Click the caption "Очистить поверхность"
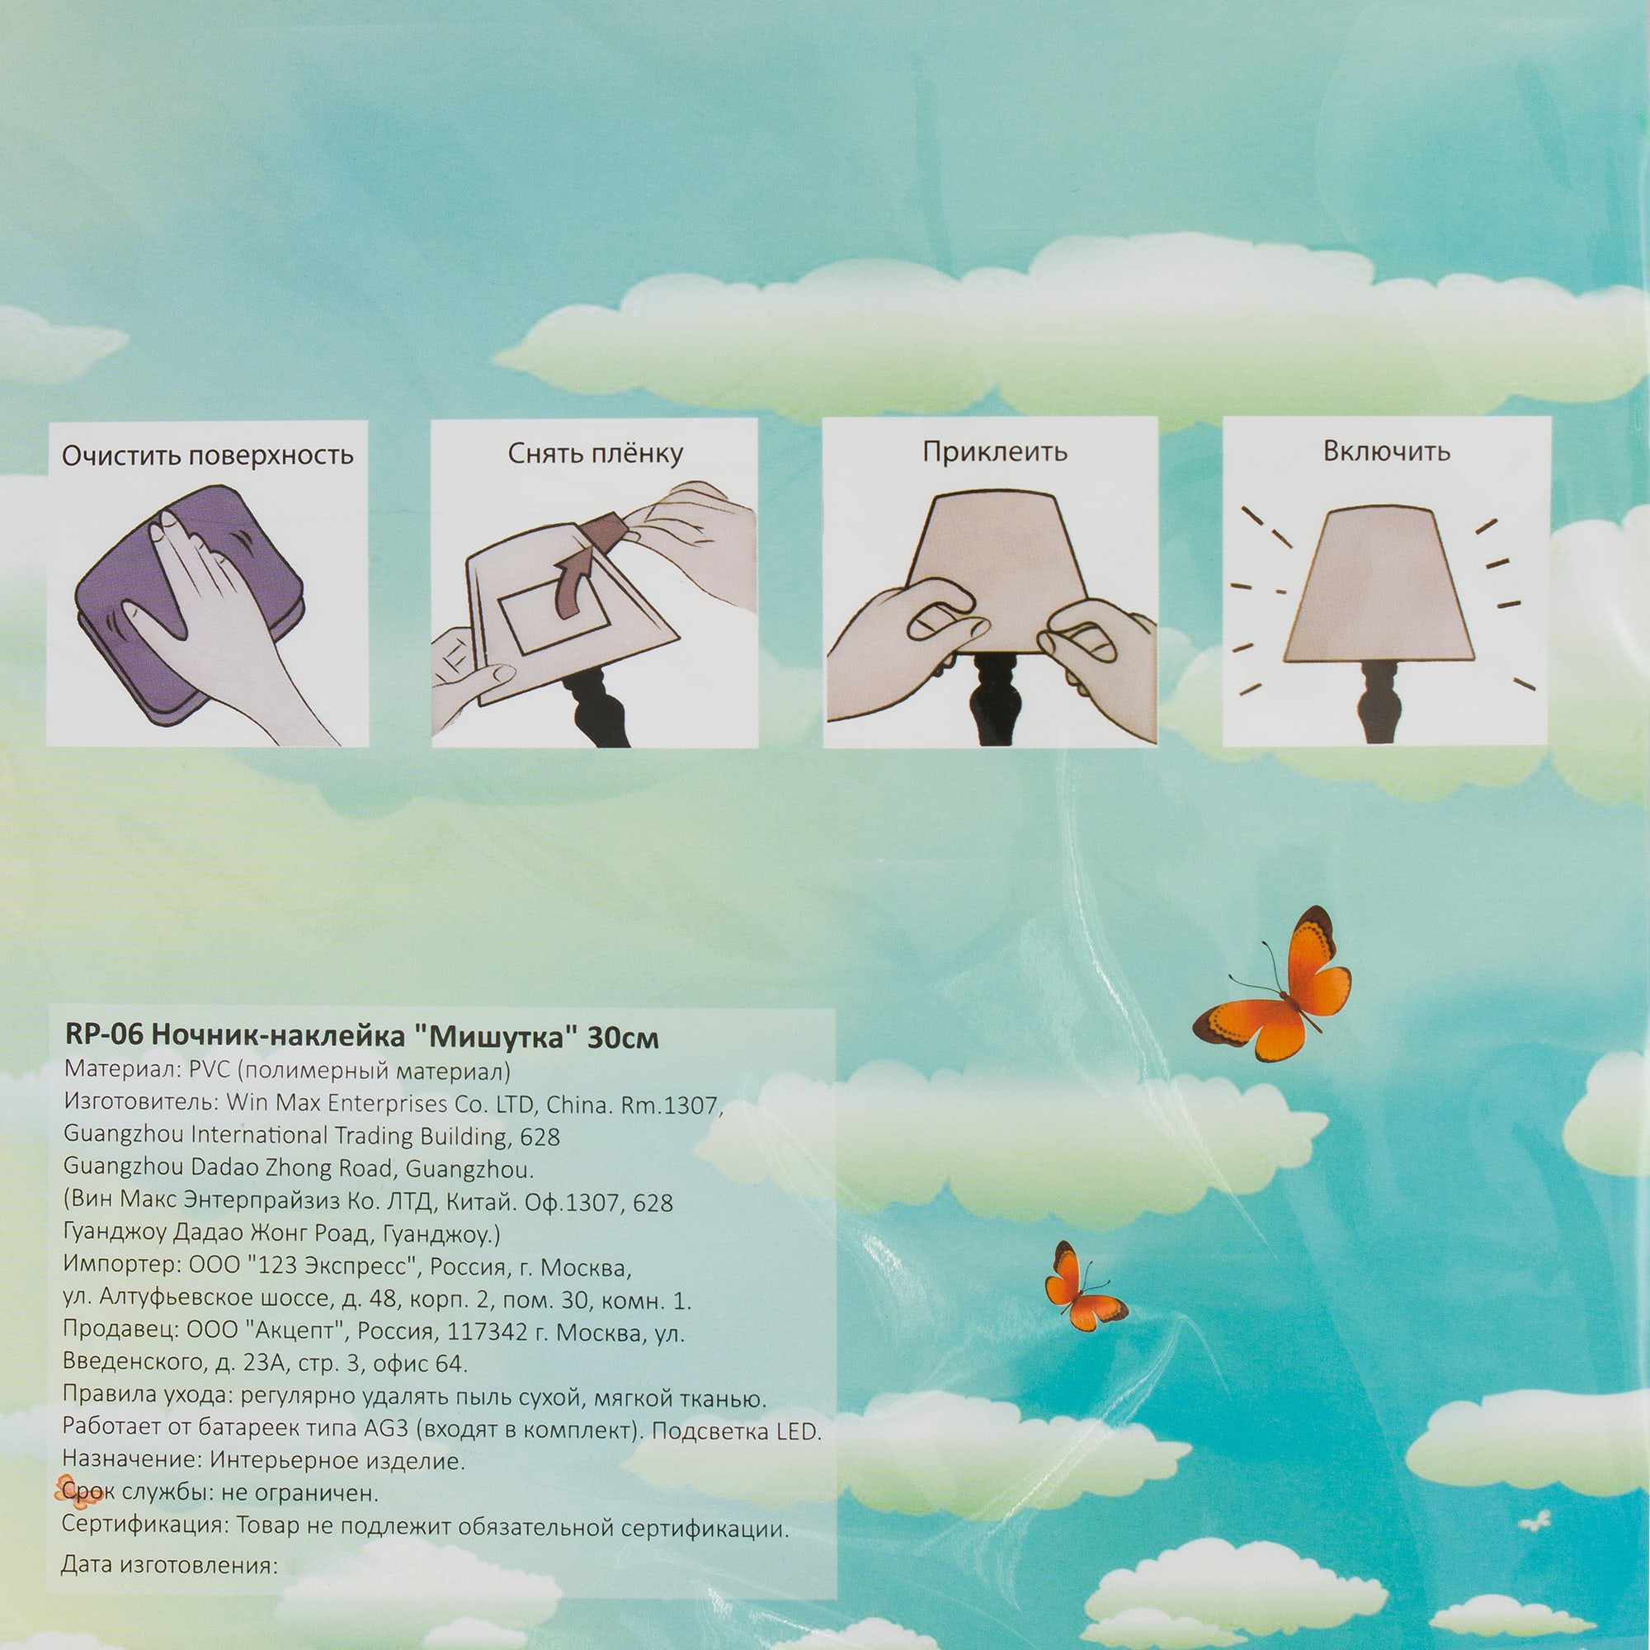coord(208,455)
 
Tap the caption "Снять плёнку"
coord(596,454)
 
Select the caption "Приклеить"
coord(994,451)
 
